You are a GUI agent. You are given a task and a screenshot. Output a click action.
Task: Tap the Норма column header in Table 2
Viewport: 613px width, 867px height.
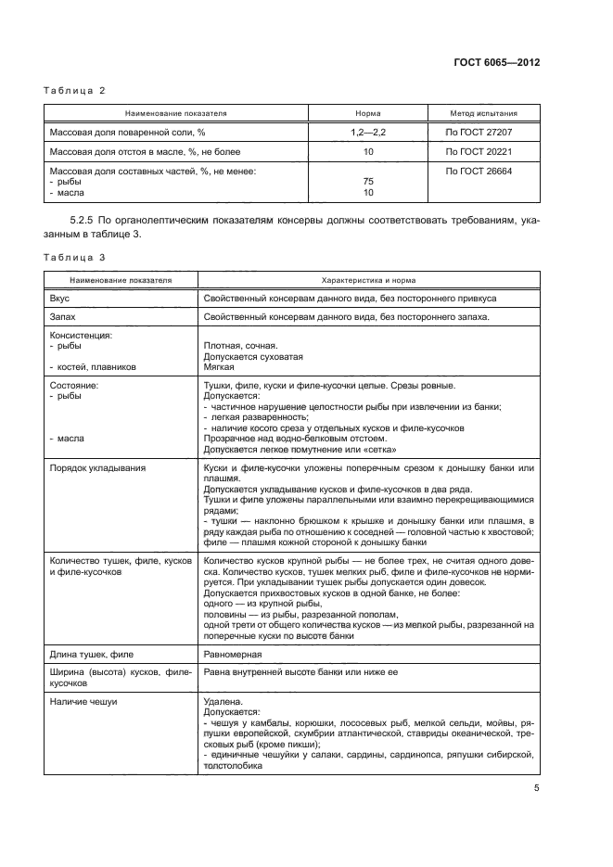tap(368, 113)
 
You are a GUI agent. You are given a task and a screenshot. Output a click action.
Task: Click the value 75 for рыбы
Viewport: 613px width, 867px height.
tap(368, 182)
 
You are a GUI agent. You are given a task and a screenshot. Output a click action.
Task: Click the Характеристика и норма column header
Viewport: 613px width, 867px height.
tap(368, 279)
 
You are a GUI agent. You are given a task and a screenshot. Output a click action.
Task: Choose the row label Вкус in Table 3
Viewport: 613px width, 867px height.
tap(59, 300)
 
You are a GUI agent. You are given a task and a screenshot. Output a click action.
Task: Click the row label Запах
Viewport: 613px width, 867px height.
tap(63, 318)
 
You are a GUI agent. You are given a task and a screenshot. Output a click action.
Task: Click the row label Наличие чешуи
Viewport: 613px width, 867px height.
tap(83, 702)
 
